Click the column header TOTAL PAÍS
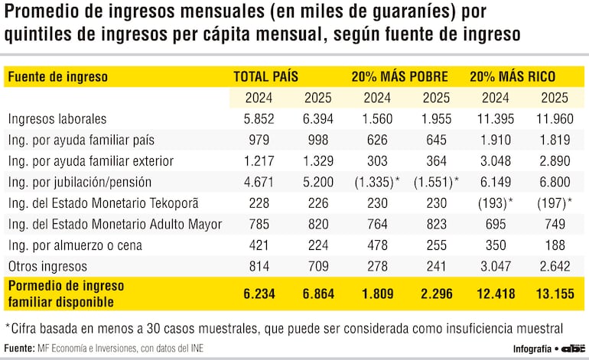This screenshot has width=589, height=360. [265, 76]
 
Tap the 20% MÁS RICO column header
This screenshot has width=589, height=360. [513, 76]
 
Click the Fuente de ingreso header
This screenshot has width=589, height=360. [57, 76]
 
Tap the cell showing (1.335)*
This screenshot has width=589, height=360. [373, 182]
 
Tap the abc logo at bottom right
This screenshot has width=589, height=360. [573, 348]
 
